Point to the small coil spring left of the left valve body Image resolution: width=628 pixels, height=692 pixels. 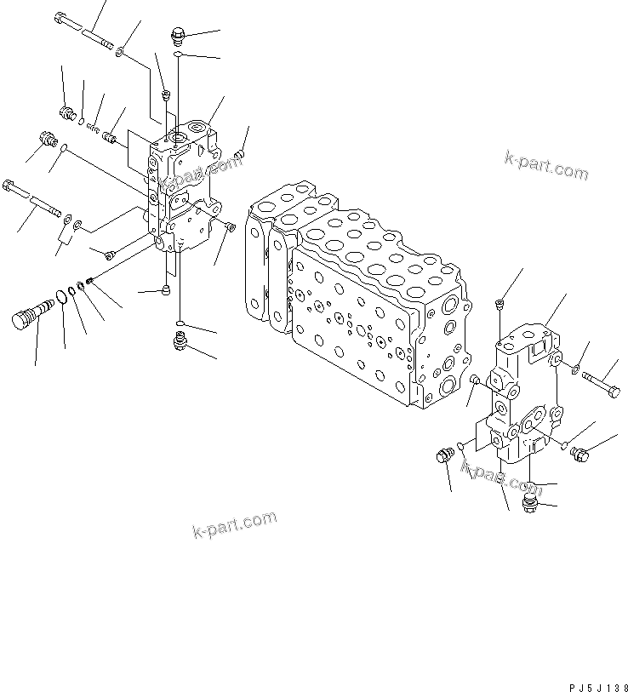(x=93, y=128)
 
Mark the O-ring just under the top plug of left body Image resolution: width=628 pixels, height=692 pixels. (x=176, y=54)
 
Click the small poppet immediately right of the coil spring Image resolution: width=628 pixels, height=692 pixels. (x=109, y=135)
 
